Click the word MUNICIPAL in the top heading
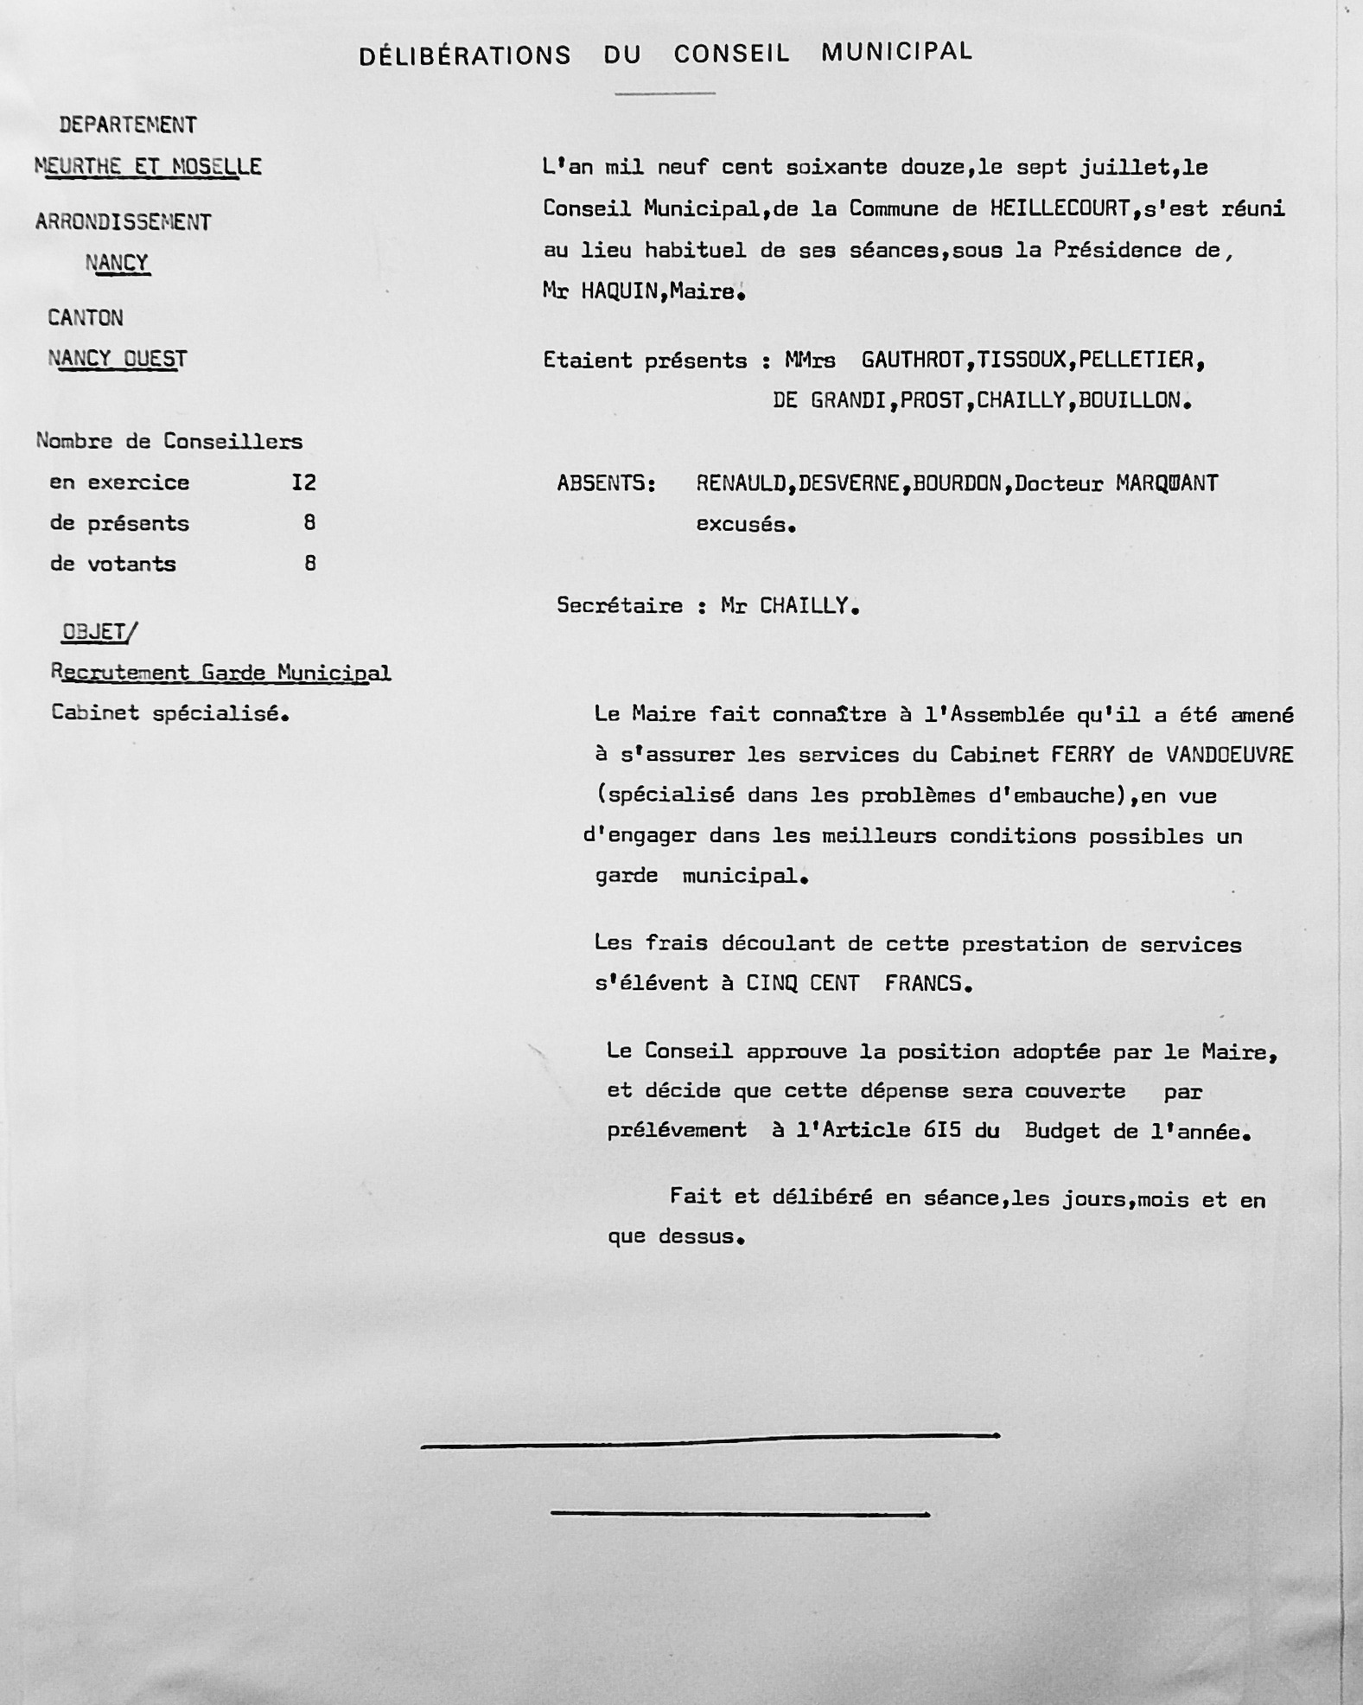coord(896,52)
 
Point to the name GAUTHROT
coord(913,360)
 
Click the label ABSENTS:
coord(606,482)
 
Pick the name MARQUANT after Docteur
coord(1166,482)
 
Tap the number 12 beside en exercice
coord(303,482)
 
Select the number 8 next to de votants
coord(309,564)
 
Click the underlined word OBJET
coord(94,632)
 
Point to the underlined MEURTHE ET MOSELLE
coord(148,166)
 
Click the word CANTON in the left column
coord(86,318)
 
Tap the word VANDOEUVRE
coord(1229,755)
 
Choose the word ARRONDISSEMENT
coord(124,222)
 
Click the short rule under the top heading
coord(665,93)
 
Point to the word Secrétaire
coord(619,605)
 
